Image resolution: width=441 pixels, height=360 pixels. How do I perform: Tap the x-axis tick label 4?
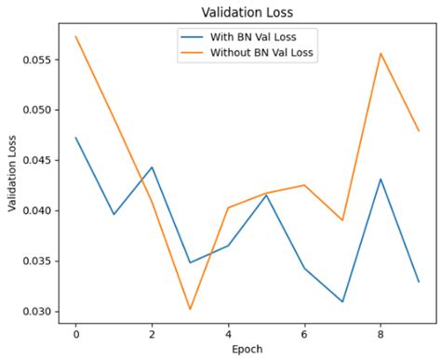(x=228, y=332)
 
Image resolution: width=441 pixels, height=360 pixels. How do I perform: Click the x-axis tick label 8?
(x=381, y=332)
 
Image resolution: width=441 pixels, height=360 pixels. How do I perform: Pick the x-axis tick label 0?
(x=75, y=332)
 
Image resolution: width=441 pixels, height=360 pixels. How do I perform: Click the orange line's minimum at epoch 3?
(x=190, y=309)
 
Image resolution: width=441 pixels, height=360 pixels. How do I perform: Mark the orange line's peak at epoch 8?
(x=381, y=53)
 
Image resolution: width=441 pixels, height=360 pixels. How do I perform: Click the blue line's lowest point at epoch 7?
(x=342, y=301)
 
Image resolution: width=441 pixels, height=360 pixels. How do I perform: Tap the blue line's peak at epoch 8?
(x=381, y=179)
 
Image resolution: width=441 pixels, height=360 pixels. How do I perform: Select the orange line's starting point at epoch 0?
(x=75, y=36)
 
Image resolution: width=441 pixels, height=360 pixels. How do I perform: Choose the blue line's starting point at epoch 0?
(x=75, y=138)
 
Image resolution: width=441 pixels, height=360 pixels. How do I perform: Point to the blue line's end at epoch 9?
(x=419, y=282)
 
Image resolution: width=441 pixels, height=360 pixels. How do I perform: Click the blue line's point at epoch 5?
(x=266, y=194)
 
